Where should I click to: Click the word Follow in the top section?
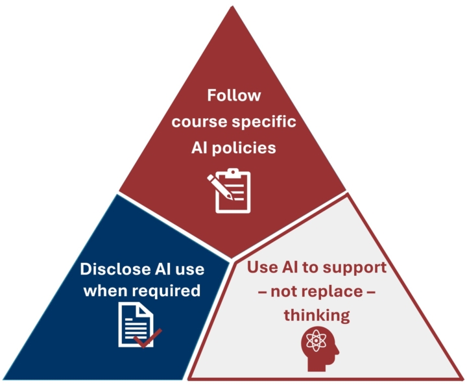(x=233, y=95)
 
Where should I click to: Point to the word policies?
(x=244, y=148)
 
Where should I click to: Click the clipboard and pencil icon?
(x=229, y=191)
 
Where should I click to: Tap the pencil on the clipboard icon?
(x=220, y=187)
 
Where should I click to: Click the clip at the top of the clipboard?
(x=233, y=173)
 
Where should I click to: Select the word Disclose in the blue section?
(x=115, y=269)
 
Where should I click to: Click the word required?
(x=165, y=291)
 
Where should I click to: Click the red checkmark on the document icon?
(x=148, y=338)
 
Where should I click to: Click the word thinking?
(x=317, y=316)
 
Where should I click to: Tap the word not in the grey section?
(x=287, y=292)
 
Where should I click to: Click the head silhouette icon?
(x=320, y=351)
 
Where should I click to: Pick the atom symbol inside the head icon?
(x=317, y=341)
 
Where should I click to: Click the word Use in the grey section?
(x=262, y=267)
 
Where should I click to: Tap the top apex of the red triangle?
(x=232, y=6)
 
